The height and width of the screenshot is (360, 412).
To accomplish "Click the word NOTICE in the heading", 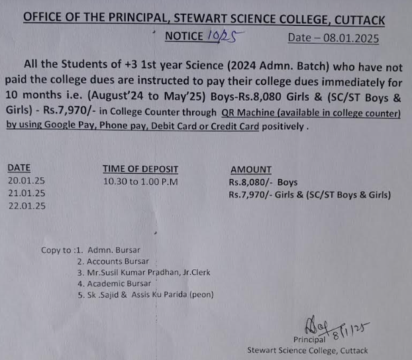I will (x=183, y=36).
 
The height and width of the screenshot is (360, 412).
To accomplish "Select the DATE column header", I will (x=19, y=168).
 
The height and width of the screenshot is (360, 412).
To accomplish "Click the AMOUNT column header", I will (x=250, y=170).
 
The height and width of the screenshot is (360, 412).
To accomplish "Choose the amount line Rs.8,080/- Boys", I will (x=263, y=182).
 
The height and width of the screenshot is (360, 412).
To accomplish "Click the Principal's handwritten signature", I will (x=329, y=327).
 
